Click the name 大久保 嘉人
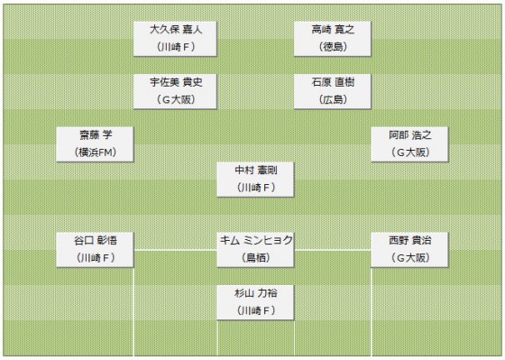[176, 29]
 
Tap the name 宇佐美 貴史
[176, 82]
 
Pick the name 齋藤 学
[95, 134]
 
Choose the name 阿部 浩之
[410, 134]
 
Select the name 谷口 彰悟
[95, 240]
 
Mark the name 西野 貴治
[410, 240]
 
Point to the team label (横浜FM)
[95, 152]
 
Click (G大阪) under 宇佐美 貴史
[176, 100]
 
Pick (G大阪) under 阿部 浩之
[410, 152]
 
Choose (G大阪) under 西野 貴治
[410, 258]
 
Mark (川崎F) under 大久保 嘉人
[176, 47]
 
